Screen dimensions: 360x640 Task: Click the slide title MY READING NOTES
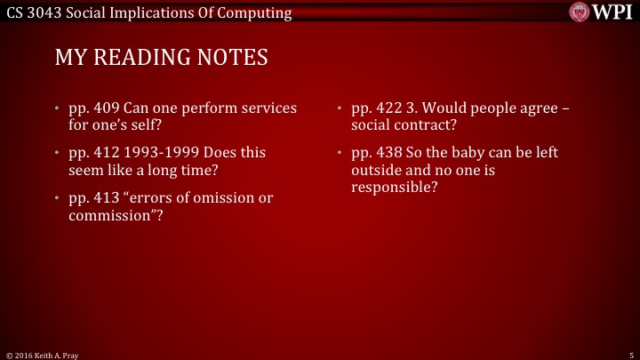(x=161, y=58)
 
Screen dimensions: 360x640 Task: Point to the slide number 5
(x=629, y=354)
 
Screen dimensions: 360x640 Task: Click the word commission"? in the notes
(x=116, y=214)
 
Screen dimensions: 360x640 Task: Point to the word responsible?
(x=395, y=187)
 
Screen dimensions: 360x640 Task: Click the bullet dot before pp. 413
(x=58, y=198)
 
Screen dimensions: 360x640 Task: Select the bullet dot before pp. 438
(x=340, y=154)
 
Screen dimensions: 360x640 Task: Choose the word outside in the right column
(x=378, y=170)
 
